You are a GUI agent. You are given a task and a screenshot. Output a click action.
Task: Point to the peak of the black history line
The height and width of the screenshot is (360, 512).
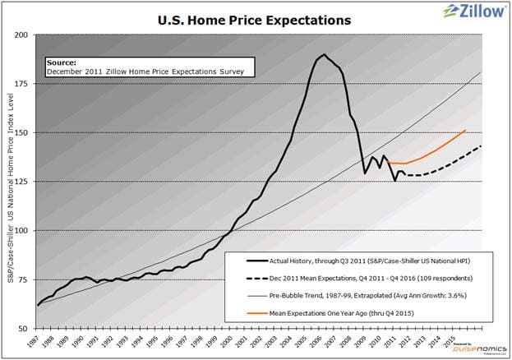[x=324, y=55]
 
